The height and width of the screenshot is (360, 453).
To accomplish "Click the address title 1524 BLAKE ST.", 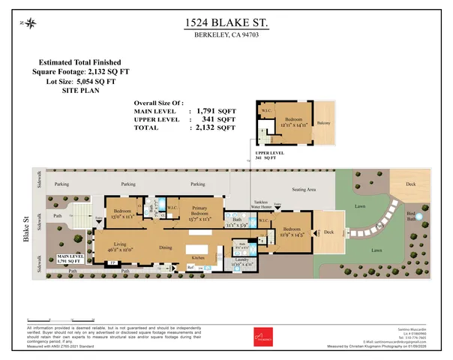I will coord(226,25).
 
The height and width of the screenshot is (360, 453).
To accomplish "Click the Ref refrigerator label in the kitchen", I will coord(190,266).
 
